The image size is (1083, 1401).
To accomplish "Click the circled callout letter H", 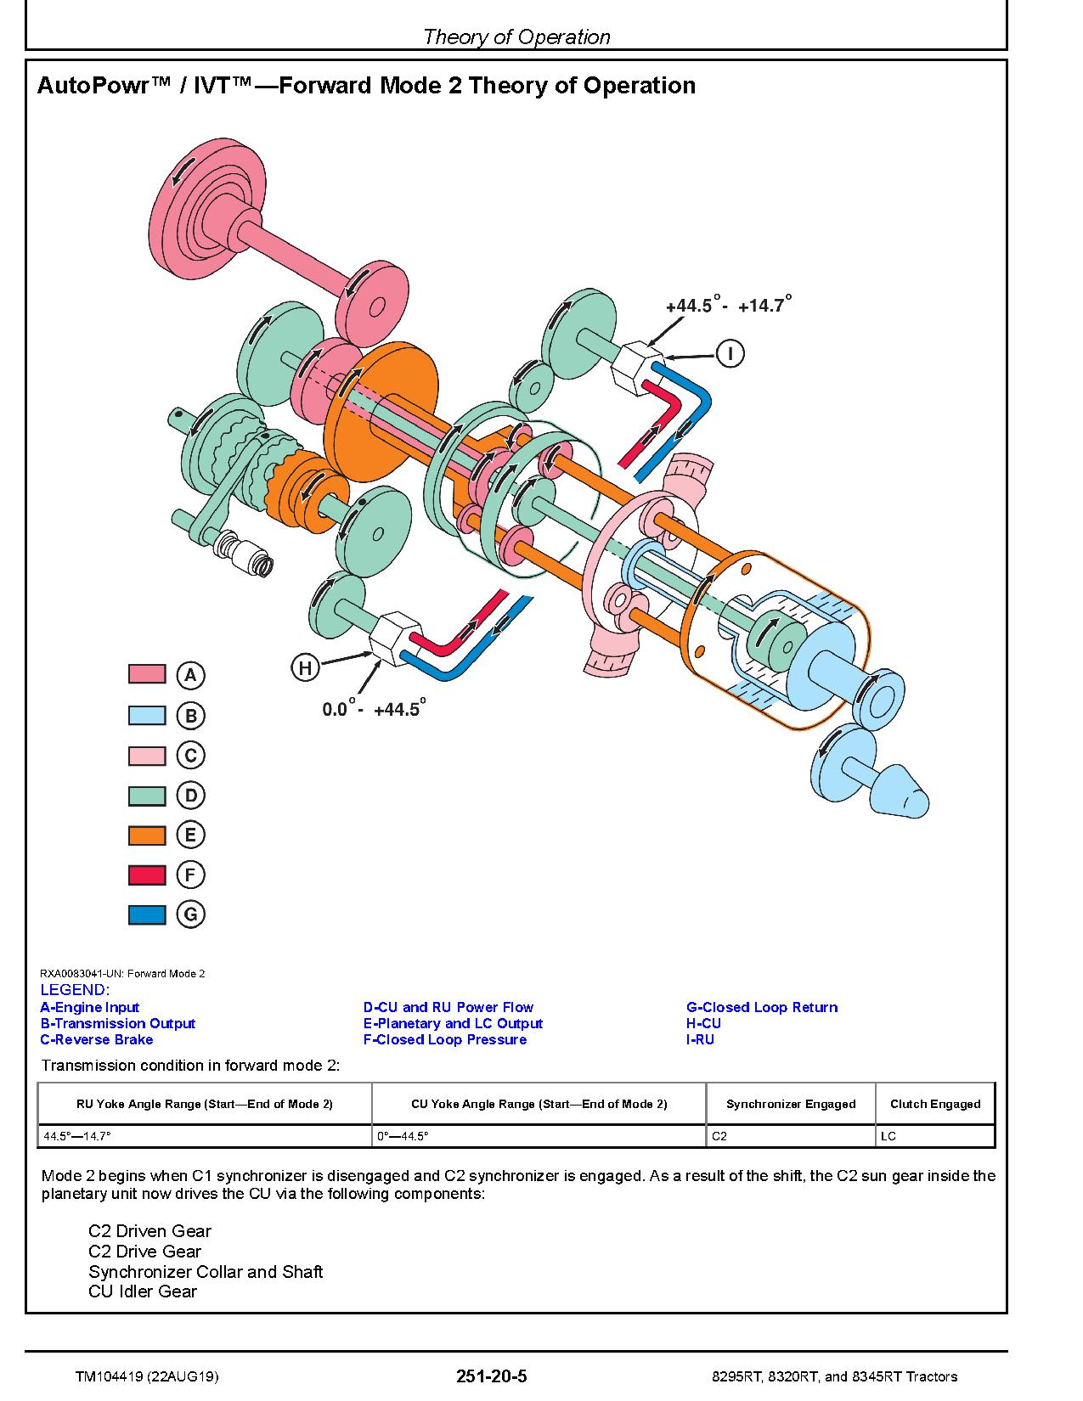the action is click(305, 667).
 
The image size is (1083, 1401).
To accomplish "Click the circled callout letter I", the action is click(730, 354).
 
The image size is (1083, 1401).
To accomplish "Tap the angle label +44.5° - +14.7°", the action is click(728, 304).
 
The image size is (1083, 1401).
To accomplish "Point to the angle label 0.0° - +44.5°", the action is click(374, 708).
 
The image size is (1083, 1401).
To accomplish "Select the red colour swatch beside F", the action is click(147, 875).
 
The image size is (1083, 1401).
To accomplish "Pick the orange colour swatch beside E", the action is click(147, 836).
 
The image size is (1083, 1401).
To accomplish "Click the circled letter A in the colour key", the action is click(190, 675).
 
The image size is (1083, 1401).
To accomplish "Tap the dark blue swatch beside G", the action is click(147, 914).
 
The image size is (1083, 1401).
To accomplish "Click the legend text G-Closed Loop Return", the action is click(762, 1007).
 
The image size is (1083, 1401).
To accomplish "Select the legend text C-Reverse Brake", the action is click(97, 1039).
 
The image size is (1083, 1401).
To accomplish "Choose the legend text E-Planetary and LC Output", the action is click(453, 1023).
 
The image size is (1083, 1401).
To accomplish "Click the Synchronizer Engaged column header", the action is click(791, 1104).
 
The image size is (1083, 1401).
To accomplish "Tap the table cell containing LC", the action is click(888, 1136).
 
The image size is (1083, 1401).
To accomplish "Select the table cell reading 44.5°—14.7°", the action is click(76, 1136).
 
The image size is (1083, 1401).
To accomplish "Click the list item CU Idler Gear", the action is click(143, 1291).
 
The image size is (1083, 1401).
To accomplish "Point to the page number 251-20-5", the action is click(492, 1376).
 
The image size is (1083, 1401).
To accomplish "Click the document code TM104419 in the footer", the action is click(110, 1376).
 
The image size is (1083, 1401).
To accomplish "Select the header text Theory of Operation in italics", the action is click(516, 37).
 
